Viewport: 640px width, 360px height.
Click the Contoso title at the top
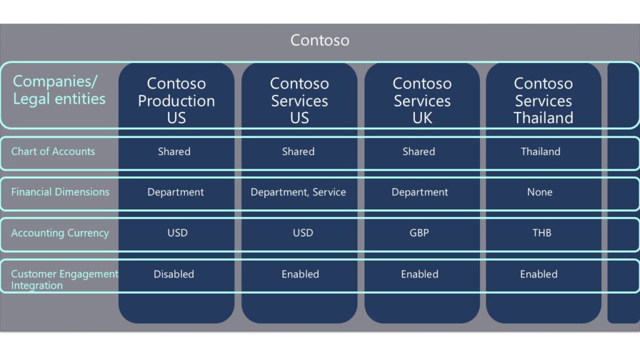319,41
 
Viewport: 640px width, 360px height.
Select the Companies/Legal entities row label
59,90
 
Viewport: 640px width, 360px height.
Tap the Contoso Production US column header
176,101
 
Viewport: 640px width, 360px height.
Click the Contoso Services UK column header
422,101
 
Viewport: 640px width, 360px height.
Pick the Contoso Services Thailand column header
543,101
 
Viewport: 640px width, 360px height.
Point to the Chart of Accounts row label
53,151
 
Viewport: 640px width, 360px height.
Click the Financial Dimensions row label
60,192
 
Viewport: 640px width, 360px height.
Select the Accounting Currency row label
60,233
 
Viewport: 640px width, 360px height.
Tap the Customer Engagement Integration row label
64,279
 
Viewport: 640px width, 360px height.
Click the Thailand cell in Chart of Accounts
541,151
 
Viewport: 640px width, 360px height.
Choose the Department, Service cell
298,192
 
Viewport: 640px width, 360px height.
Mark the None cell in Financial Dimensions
539,192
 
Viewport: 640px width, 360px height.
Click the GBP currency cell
419,232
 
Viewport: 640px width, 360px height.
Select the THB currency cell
542,232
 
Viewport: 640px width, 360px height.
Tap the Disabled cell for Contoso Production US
174,274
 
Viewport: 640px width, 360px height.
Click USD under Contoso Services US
303,232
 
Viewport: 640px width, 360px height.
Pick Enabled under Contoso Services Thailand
539,274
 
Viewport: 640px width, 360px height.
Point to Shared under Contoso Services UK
419,151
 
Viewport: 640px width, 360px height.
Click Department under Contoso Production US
176,192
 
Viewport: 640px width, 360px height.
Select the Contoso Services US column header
299,101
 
